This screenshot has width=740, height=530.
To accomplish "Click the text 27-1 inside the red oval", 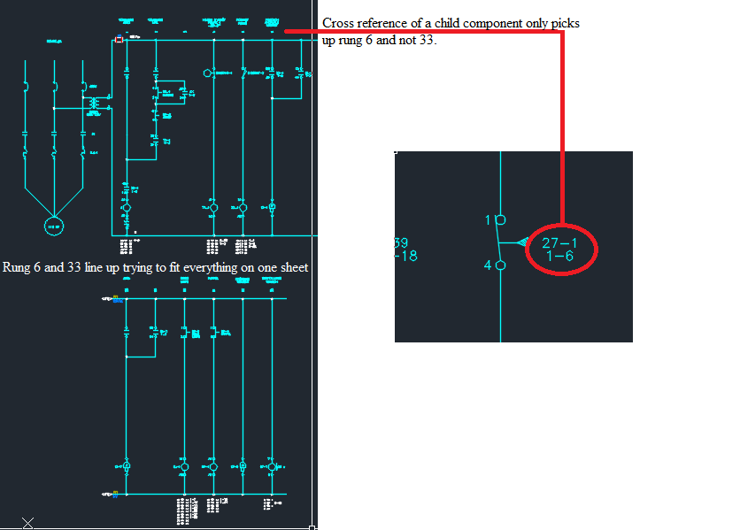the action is click(x=559, y=243).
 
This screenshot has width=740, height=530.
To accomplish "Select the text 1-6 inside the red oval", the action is click(x=559, y=257).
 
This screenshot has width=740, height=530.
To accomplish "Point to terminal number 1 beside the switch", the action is click(x=489, y=219).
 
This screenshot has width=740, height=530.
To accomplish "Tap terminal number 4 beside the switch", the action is click(x=488, y=264).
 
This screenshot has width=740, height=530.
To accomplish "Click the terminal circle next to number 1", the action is click(x=500, y=219).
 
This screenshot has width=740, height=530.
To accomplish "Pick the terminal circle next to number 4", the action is click(x=500, y=264).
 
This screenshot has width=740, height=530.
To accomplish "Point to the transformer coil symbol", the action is click(x=93, y=104).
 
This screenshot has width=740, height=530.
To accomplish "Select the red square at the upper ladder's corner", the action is click(x=119, y=39).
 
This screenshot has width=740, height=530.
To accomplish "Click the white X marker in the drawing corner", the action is click(x=27, y=523).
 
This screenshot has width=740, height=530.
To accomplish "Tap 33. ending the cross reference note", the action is click(x=428, y=40).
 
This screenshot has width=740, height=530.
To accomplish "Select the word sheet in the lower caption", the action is click(x=291, y=266).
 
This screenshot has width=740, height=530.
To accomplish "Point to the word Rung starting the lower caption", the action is click(x=19, y=267).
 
